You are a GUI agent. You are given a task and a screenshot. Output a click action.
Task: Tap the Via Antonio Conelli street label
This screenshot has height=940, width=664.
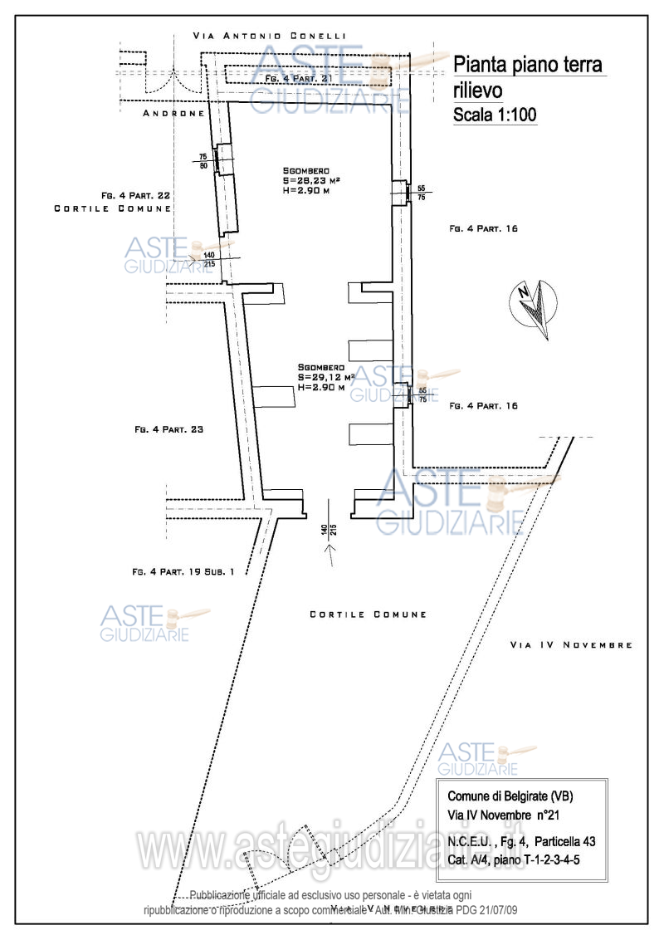(x=267, y=37)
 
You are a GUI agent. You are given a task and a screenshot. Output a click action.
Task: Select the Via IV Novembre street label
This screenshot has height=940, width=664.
(x=571, y=644)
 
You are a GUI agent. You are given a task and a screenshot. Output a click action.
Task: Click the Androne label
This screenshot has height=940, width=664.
(x=173, y=113)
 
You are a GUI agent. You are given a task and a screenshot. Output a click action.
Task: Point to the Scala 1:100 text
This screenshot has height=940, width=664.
(x=495, y=115)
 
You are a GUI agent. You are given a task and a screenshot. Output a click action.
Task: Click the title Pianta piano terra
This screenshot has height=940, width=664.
(x=528, y=65)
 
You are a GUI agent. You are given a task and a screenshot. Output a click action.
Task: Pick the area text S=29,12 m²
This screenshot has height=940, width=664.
(x=326, y=377)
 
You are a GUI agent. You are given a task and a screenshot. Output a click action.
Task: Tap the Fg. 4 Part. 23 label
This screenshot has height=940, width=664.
(x=168, y=430)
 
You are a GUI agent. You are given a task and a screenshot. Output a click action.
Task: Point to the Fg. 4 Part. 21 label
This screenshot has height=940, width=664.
(x=298, y=77)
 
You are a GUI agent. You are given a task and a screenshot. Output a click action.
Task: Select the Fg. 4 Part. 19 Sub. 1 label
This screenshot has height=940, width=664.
(x=183, y=571)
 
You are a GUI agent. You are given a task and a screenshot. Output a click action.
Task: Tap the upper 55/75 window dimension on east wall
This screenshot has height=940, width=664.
(x=422, y=193)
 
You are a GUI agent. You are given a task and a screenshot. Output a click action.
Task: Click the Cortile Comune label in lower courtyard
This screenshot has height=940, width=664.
(x=368, y=614)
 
